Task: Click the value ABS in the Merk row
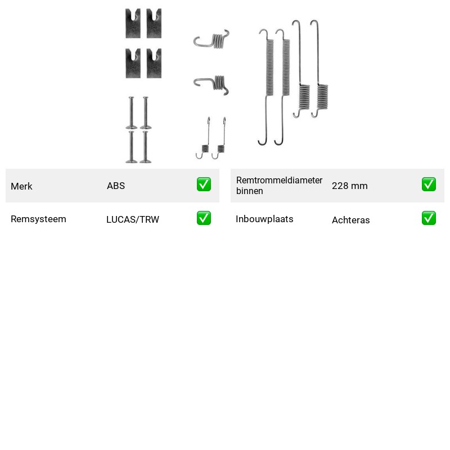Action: [x=116, y=186]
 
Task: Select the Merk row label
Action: [x=21, y=186]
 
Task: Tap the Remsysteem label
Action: [x=38, y=219]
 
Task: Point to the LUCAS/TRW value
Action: [x=133, y=219]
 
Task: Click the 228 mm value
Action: [x=349, y=186]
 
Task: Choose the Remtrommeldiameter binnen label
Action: [x=279, y=186]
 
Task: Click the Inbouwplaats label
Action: [x=264, y=219]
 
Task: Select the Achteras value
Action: [x=350, y=220]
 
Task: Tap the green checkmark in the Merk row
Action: [x=204, y=184]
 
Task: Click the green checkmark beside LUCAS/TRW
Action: [x=204, y=218]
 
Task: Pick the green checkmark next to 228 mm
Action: [x=429, y=184]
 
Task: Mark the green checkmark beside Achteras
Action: [x=429, y=218]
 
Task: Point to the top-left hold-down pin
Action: [x=131, y=113]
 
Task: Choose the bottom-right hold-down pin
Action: [x=146, y=147]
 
